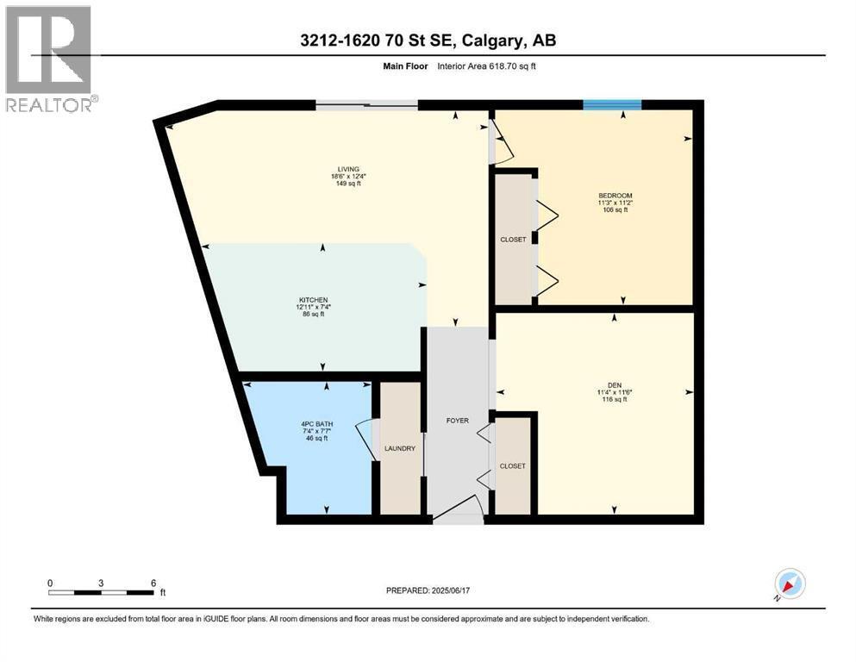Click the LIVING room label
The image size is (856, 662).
click(x=348, y=169)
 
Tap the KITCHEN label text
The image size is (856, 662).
click(x=314, y=300)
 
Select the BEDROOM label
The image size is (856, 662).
click(x=615, y=196)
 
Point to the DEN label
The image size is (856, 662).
click(x=614, y=384)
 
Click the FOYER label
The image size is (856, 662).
click(x=458, y=421)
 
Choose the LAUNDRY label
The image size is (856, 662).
click(x=400, y=448)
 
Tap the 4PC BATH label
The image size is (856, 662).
click(x=317, y=424)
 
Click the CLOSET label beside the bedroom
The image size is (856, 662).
click(x=513, y=240)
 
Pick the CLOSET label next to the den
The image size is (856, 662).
click(x=513, y=466)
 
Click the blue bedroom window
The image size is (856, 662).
click(x=612, y=105)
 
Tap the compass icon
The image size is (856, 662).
click(x=790, y=584)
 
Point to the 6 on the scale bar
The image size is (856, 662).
click(x=153, y=584)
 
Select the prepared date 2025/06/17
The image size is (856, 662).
click(x=450, y=590)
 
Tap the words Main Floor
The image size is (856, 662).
click(x=406, y=66)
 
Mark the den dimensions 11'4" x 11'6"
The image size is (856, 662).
click(x=615, y=392)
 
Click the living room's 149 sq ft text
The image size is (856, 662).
click(x=348, y=184)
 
